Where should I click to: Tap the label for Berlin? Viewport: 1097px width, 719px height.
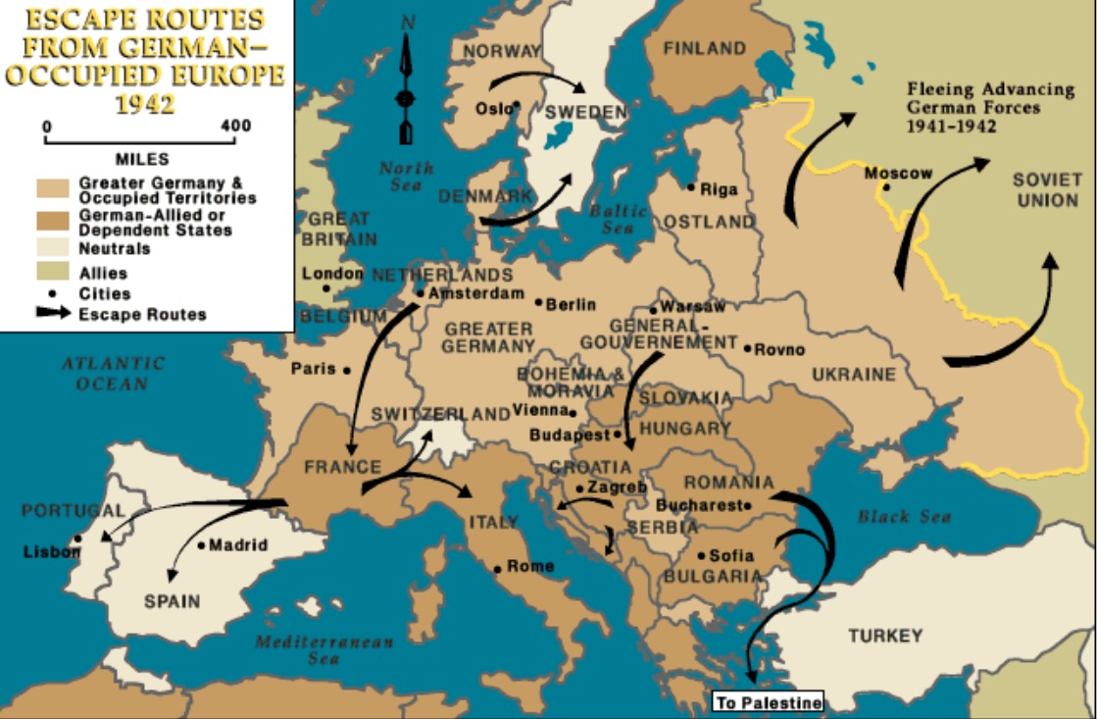[571, 305]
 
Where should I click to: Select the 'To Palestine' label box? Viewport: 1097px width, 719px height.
[768, 702]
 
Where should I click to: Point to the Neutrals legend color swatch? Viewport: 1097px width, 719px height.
[55, 248]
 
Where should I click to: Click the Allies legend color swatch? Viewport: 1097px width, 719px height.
[55, 272]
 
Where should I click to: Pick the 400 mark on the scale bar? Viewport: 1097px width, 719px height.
[236, 127]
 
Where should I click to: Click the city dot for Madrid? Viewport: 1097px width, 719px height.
[201, 545]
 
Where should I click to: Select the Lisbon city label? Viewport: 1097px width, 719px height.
[52, 552]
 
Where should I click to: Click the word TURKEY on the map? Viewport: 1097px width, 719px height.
[885, 636]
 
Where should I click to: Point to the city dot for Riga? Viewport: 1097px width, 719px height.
[691, 187]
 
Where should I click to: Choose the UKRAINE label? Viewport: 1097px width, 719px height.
[853, 374]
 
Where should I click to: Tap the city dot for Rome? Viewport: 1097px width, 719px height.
[498, 569]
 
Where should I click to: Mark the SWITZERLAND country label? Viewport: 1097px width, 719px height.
[441, 415]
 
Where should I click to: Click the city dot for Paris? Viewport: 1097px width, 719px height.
[346, 370]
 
